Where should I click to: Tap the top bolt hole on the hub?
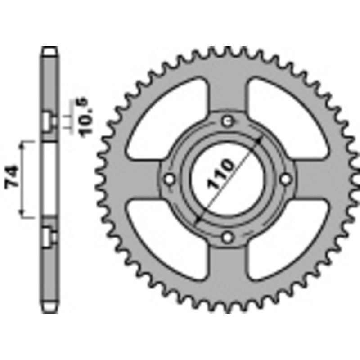tap(228, 121)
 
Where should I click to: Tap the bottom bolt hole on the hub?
tap(228, 237)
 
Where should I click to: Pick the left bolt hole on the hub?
tap(170, 179)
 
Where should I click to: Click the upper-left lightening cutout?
tap(166, 117)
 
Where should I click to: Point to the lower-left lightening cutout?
tap(166, 241)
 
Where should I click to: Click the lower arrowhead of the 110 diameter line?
tap(197, 220)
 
